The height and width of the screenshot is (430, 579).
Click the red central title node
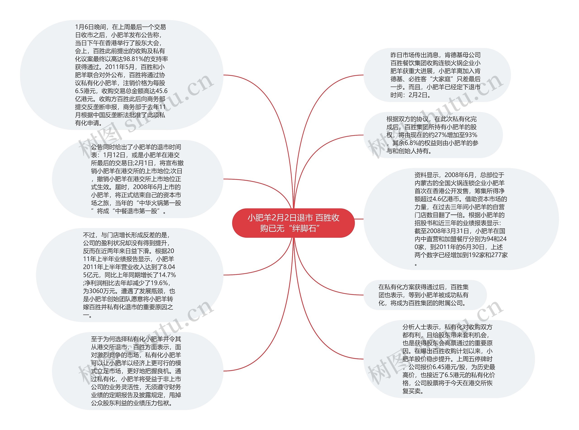pos(293,223)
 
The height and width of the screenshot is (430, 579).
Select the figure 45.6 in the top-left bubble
pos(162,91)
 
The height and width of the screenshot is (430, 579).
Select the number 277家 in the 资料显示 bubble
pos(500,255)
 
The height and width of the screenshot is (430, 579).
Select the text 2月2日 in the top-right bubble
pos(418,95)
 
